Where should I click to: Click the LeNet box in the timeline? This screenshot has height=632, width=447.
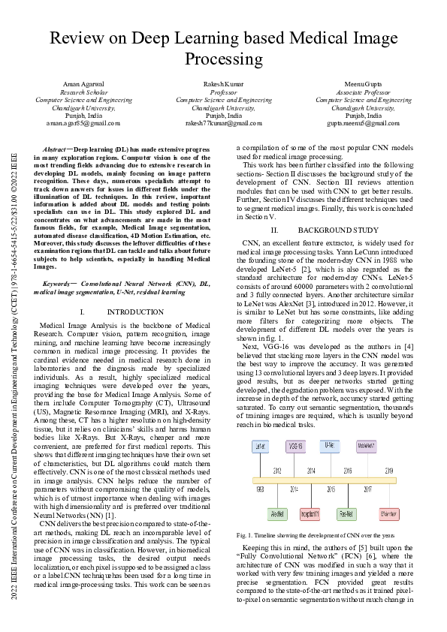click(260, 445)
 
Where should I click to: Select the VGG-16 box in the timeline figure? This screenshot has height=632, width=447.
click(295, 445)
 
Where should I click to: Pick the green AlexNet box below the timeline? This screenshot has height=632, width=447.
click(277, 514)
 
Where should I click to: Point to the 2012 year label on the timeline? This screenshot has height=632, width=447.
click(277, 471)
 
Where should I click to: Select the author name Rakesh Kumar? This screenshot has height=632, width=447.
click(223, 84)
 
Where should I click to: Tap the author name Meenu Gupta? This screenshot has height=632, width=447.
click(364, 84)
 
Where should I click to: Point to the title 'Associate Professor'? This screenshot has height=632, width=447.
click(364, 92)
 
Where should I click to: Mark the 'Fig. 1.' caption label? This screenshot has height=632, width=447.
click(245, 536)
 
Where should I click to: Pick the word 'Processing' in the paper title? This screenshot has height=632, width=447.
click(223, 59)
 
